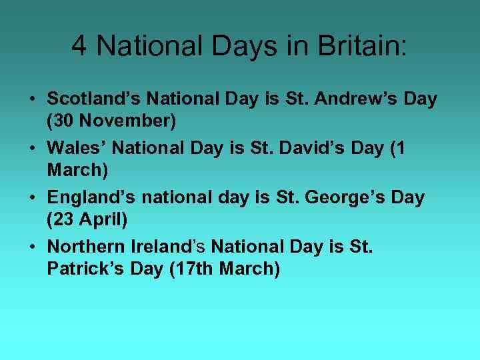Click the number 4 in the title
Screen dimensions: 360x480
[x=79, y=46]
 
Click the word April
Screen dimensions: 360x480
[x=112, y=219]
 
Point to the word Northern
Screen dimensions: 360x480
[x=86, y=247]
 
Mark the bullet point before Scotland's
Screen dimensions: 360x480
[x=32, y=100]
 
